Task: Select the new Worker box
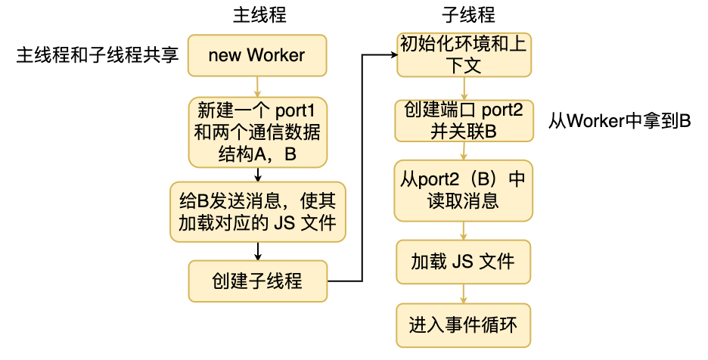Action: coord(257,55)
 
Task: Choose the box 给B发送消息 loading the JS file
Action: coord(257,212)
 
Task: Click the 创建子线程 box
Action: coord(257,281)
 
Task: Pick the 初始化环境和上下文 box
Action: coord(463,55)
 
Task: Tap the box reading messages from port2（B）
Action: coord(463,189)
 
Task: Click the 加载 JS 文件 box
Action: coord(463,262)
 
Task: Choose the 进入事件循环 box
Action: coord(463,326)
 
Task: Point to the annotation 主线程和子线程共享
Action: coord(97,55)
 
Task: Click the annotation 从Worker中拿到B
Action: coord(619,121)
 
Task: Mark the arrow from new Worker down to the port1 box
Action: coord(258,85)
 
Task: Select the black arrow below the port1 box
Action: coord(258,174)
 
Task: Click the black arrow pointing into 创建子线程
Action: coord(258,251)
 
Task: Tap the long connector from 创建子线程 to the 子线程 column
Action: coord(364,166)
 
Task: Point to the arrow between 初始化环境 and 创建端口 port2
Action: coord(463,88)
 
